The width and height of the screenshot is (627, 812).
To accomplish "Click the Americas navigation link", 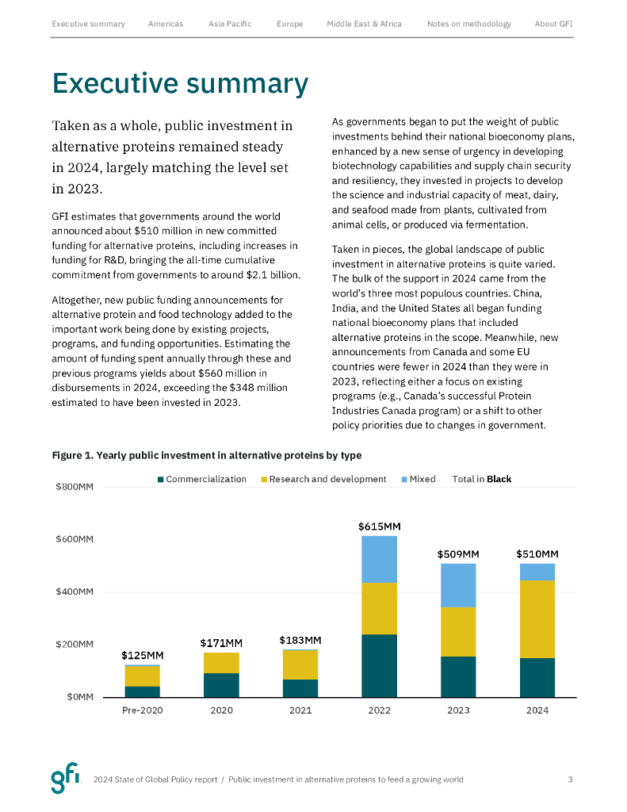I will pos(165,24).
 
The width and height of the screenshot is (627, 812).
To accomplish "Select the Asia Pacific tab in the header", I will pos(230,24).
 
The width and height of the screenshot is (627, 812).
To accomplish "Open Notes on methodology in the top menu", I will pos(468,24).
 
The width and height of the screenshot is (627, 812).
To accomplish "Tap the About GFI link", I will pos(553,24).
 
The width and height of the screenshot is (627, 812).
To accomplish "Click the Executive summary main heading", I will pos(180,83).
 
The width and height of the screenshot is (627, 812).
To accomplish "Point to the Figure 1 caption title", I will pos(206,455).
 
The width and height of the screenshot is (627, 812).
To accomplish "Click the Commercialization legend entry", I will pos(202,479).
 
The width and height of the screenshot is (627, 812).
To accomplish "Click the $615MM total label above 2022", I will pos(379,526).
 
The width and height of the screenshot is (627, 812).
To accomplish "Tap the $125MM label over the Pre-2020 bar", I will pos(143,655).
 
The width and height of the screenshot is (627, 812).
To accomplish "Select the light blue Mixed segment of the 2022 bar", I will pos(379,559).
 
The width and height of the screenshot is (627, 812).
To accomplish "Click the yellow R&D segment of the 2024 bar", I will pos(537,619).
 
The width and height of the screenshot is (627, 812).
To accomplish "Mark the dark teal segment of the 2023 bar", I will pos(458,676).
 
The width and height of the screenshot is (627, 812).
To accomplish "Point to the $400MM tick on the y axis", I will pos(75,592).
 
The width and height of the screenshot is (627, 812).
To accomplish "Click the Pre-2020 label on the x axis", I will pos(143,710).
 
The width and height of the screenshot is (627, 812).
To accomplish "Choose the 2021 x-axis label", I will pos(300,710).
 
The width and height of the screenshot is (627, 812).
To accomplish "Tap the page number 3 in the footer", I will pos(570,779).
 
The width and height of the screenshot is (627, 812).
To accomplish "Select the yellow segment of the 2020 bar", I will pos(221,663).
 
